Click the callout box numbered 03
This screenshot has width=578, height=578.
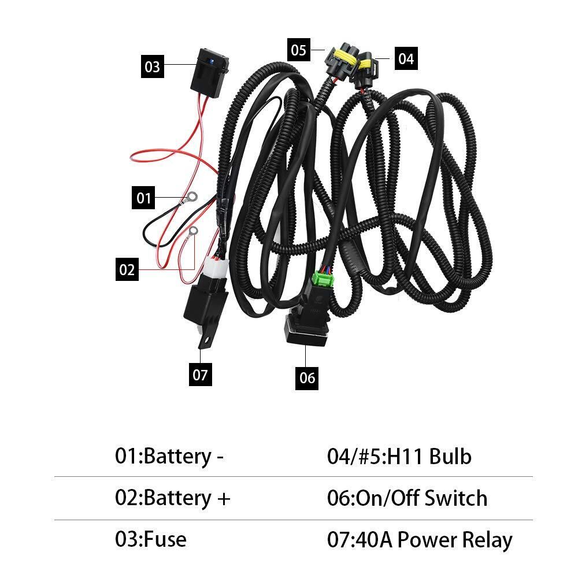click(152, 66)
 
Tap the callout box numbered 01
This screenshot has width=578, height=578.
click(144, 198)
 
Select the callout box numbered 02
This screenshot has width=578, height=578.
click(127, 269)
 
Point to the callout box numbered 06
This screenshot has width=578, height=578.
click(307, 377)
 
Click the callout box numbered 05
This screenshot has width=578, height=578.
click(299, 50)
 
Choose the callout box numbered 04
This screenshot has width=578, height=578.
click(406, 58)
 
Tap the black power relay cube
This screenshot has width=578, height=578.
click(205, 306)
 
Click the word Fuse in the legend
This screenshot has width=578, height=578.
click(165, 539)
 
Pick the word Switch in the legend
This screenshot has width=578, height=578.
click(455, 498)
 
